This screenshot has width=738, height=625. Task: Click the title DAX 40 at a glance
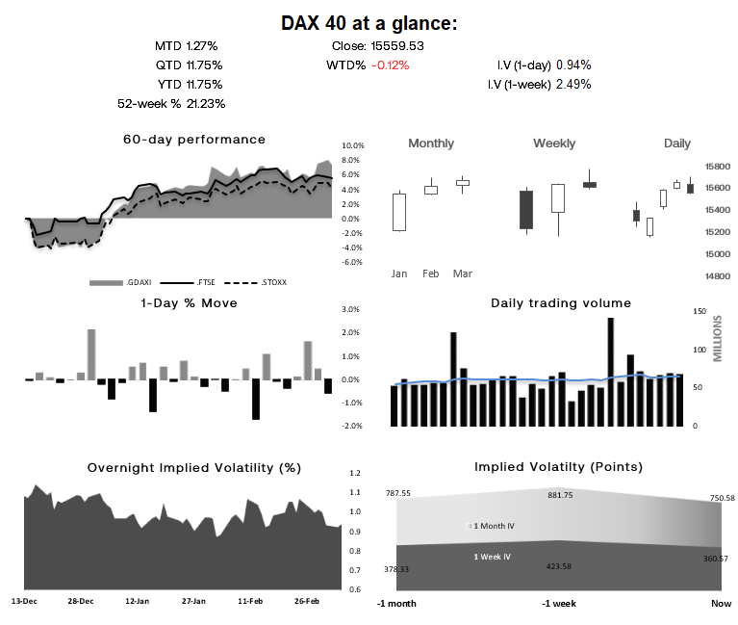click(369, 22)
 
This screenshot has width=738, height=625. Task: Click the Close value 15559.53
click(397, 45)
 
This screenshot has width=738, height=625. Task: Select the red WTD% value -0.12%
click(390, 65)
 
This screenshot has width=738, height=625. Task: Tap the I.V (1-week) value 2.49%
click(573, 84)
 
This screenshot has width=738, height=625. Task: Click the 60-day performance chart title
click(193, 140)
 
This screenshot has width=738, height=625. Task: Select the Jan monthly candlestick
click(399, 212)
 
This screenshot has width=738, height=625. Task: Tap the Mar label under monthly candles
click(463, 273)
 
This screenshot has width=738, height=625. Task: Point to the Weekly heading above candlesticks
click(554, 143)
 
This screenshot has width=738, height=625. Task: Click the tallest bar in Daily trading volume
click(610, 372)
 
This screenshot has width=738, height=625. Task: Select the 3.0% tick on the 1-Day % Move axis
click(350, 309)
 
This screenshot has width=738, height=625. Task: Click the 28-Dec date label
click(80, 601)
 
